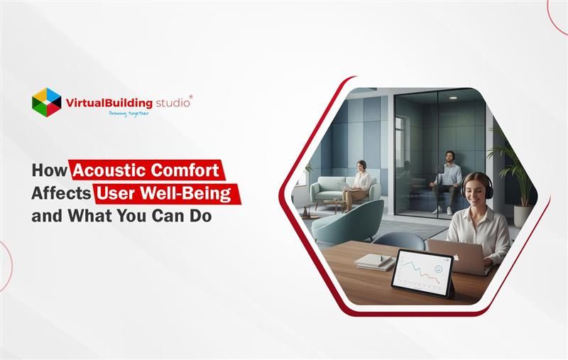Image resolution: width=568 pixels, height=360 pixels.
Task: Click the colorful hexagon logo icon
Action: [x=46, y=102]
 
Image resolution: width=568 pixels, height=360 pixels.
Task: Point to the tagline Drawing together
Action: [x=129, y=113]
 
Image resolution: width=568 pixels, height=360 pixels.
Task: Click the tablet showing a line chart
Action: [x=422, y=273]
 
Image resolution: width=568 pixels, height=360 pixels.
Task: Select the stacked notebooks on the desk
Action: [x=373, y=261]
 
